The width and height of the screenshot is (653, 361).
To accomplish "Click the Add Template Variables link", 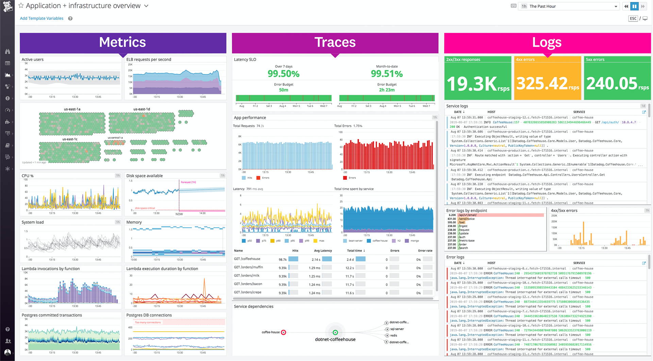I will (41, 18).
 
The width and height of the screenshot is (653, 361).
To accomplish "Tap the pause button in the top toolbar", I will (635, 6).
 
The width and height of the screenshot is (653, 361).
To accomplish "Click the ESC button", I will (633, 18).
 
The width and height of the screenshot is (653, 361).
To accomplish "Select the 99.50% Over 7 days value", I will (283, 74).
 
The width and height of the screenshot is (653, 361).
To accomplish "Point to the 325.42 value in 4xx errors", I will (542, 84).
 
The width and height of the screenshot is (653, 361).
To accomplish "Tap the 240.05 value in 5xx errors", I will (612, 84).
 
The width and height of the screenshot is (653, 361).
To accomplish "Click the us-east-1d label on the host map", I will (141, 109).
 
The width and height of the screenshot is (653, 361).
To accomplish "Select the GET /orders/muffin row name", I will (248, 268).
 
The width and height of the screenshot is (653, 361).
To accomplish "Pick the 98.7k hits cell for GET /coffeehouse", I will (283, 259).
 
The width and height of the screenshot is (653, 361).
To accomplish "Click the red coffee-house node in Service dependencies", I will (284, 332).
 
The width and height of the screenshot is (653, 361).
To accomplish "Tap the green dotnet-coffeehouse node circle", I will (335, 332).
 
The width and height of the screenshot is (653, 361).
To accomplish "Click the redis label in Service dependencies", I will (394, 336).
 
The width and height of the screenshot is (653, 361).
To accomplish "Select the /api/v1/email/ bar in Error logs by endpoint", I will (500, 215).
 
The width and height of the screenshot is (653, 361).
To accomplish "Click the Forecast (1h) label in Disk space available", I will (188, 182).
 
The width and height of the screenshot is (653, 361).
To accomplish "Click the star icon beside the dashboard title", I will (21, 6).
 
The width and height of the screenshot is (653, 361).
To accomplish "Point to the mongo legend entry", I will (415, 241).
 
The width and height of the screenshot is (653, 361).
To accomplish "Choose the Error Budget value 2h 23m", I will (387, 90).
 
